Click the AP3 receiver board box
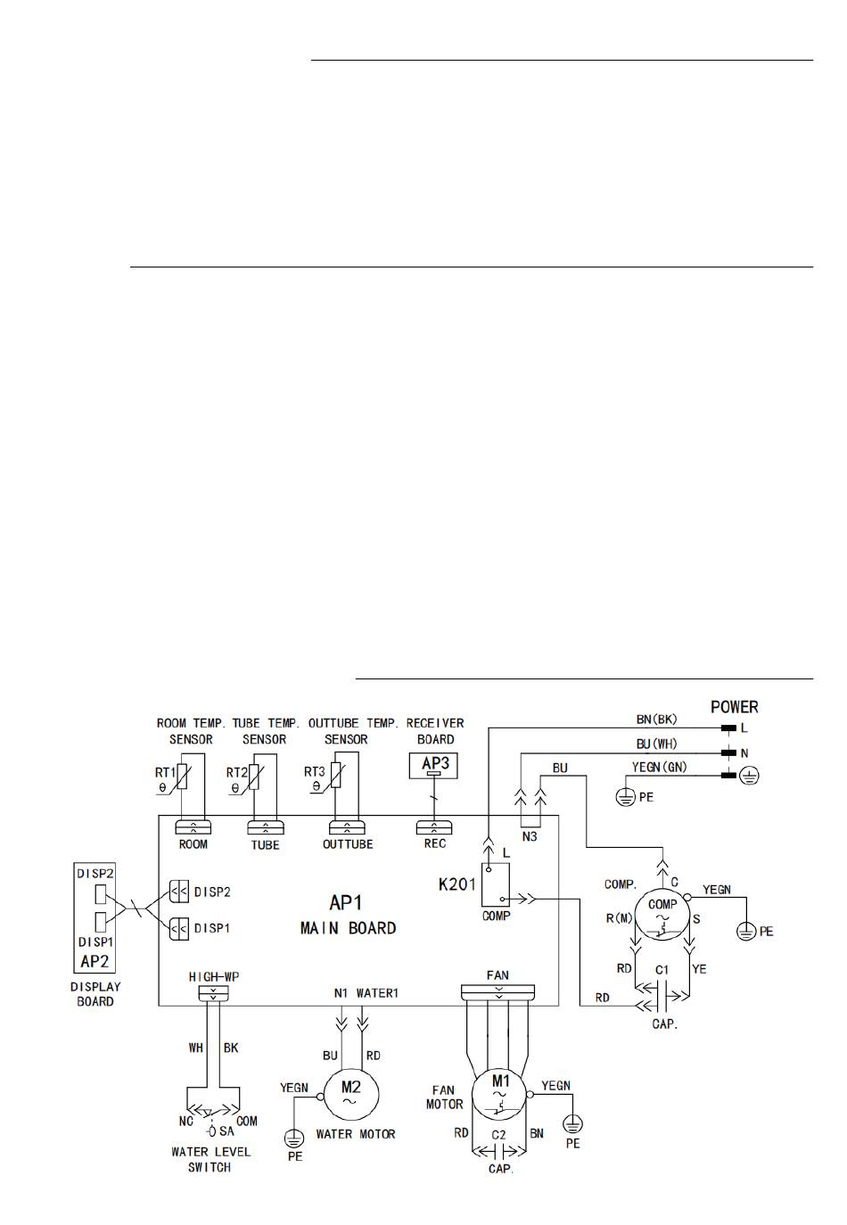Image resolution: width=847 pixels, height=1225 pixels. (433, 765)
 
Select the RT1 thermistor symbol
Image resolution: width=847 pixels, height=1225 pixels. (182, 776)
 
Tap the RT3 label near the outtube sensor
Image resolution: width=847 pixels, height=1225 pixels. (315, 771)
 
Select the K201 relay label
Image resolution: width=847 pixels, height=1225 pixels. (457, 884)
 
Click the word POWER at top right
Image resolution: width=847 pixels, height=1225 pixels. (734, 707)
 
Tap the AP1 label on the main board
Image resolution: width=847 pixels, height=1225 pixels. (346, 902)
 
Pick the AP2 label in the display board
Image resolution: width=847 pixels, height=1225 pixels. (95, 961)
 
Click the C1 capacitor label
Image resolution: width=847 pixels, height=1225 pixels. (662, 970)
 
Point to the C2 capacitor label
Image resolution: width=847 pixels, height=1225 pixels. (498, 1135)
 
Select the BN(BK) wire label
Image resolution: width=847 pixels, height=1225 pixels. (656, 719)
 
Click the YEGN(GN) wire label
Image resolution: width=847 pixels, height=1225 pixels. (659, 768)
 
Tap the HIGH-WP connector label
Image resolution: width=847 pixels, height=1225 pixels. (214, 977)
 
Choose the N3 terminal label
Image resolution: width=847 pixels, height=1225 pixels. (530, 836)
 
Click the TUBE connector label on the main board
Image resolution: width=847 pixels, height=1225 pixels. (265, 845)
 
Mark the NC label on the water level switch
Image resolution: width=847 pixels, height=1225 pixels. (186, 1121)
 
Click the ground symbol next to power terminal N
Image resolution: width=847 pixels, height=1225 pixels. (749, 776)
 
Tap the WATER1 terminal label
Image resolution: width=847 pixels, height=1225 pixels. (377, 993)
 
